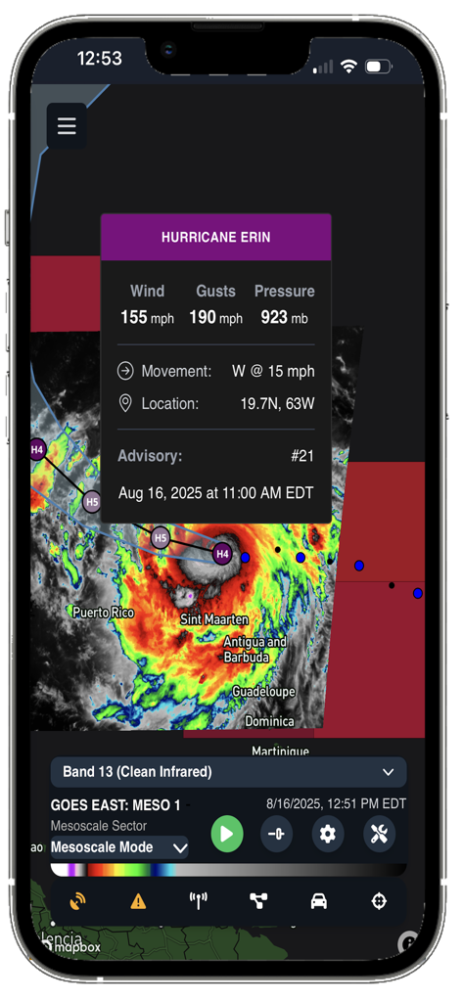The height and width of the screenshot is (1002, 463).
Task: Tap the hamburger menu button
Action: coord(67,126)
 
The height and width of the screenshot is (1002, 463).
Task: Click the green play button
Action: coord(226,834)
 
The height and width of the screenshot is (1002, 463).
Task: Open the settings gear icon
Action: coord(328,834)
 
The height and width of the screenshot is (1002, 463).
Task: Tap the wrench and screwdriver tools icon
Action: coord(379,834)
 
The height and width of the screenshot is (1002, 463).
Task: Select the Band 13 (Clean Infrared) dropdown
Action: coord(228,772)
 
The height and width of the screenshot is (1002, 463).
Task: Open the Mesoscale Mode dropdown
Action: coord(118,847)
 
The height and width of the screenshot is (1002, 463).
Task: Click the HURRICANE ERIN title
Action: coord(215,237)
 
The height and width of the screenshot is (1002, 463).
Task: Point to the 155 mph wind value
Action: coord(148,317)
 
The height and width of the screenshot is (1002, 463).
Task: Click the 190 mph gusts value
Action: coord(215,317)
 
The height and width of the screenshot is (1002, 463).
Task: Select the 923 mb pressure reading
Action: coord(284,317)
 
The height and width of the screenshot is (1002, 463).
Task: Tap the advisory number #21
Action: coord(302,456)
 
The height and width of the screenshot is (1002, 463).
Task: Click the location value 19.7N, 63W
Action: coord(277,403)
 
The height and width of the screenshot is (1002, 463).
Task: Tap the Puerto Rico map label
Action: coord(103,613)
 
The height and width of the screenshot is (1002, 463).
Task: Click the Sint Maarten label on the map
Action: coord(214,619)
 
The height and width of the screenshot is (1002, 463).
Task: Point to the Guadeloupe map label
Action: coord(263,691)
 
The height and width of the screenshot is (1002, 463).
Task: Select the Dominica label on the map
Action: coord(269,721)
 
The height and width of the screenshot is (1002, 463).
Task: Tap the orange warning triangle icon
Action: coord(138,901)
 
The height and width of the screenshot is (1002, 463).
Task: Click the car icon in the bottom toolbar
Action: coord(319,901)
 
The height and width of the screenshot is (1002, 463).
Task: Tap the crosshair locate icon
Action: coord(379,901)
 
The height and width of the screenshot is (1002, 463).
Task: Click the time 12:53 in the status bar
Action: coord(99,59)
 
